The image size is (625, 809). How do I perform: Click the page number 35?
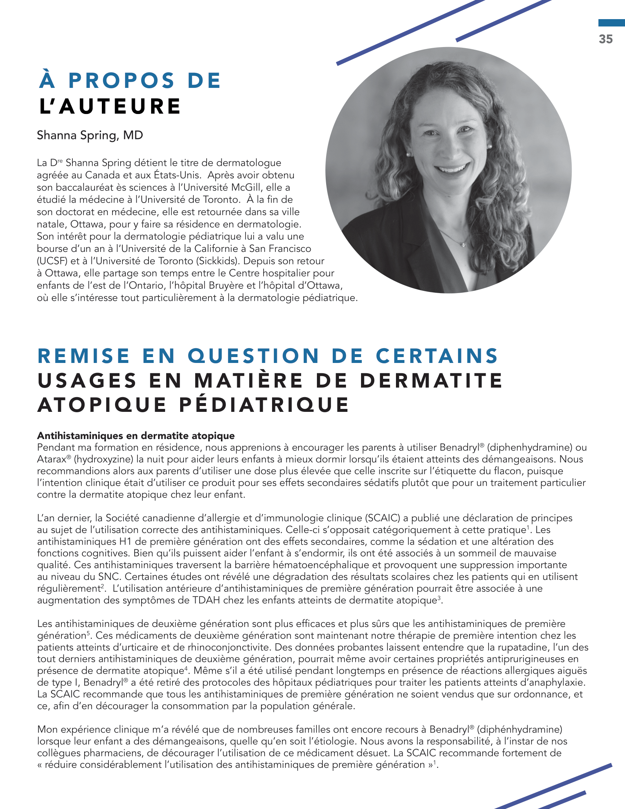pos(606,39)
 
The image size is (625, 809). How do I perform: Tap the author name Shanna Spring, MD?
pos(90,135)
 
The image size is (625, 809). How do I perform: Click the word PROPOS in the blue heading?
pos(121,81)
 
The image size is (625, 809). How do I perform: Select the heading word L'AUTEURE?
pos(110,106)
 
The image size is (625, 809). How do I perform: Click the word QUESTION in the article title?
pos(253,356)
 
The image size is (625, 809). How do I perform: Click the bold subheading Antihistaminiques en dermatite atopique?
pos(136,436)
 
